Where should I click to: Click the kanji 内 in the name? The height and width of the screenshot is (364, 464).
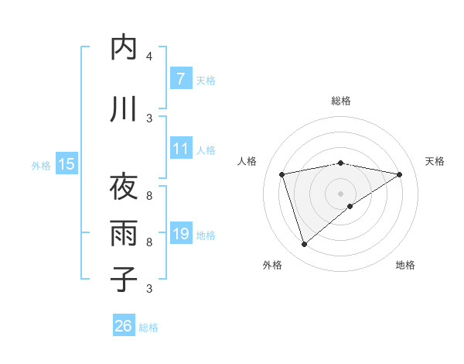[124, 47]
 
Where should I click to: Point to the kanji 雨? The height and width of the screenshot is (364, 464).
[124, 232]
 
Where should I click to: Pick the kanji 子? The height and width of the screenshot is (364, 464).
[124, 278]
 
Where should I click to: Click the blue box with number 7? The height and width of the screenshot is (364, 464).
[180, 79]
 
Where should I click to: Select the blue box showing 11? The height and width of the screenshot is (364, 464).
[180, 149]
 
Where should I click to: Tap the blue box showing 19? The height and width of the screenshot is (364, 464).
[180, 234]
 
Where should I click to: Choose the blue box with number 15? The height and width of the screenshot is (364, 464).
[66, 163]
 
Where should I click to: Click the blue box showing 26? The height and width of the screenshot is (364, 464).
[124, 326]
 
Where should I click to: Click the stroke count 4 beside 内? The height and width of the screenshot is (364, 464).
[149, 57]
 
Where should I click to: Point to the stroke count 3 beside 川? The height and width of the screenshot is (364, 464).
[149, 118]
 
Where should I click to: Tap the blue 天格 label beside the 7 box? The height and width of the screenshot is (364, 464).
[206, 80]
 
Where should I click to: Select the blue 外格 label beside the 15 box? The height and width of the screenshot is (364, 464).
[41, 165]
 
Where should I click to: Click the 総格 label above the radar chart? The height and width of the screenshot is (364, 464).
[340, 101]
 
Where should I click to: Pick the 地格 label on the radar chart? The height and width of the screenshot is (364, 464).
[405, 265]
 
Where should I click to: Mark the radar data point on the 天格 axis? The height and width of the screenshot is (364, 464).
[399, 174]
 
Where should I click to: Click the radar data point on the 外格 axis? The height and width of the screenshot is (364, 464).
[304, 245]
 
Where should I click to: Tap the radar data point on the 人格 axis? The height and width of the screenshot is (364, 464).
[282, 174]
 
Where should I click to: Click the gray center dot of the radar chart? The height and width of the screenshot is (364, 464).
[340, 193]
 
